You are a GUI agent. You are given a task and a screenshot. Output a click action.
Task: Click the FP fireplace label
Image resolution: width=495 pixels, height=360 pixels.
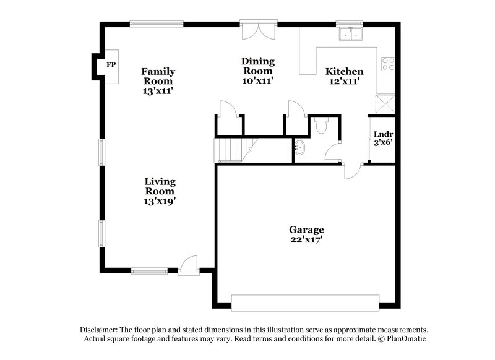(111, 65)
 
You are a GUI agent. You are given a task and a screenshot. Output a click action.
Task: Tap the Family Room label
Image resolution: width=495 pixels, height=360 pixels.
(158, 75)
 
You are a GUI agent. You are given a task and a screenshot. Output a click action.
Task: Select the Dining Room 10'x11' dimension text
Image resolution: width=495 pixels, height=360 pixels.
(257, 80)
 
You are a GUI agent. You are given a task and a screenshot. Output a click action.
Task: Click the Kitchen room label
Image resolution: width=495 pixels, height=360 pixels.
(345, 72)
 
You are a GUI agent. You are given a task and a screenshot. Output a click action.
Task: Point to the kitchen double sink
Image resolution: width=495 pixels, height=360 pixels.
(350, 35)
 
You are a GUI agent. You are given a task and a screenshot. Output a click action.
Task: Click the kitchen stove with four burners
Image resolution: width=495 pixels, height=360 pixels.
(388, 64)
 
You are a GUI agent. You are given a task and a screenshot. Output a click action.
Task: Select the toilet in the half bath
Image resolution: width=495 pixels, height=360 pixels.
(321, 126)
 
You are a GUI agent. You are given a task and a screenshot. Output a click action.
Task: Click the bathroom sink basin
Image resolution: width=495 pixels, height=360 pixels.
(300, 148)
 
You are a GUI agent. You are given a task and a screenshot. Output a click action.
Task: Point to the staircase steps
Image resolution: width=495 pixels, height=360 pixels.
(230, 150)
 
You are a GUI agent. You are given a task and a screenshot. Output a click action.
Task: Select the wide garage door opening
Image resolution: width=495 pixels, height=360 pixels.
(304, 302)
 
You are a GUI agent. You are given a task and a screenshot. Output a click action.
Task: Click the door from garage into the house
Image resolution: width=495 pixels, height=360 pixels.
(351, 169)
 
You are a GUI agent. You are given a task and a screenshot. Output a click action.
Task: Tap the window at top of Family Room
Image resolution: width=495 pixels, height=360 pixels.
(156, 24)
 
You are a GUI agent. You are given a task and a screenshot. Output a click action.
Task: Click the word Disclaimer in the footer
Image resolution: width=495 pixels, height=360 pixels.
(100, 330)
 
